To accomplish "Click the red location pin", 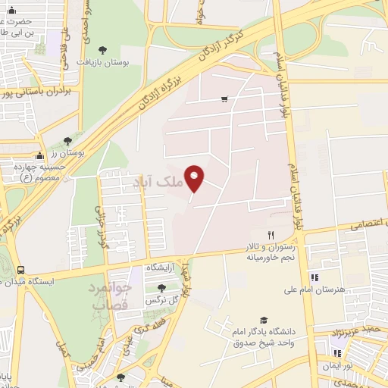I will click(195, 177).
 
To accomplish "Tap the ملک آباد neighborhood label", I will click(158, 183).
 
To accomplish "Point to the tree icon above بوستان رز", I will click(67, 141).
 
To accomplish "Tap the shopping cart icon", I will click(224, 99).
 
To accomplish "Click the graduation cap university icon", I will click(263, 320).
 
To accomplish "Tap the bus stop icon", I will click(20, 269).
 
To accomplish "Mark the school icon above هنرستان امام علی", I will click(314, 277).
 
